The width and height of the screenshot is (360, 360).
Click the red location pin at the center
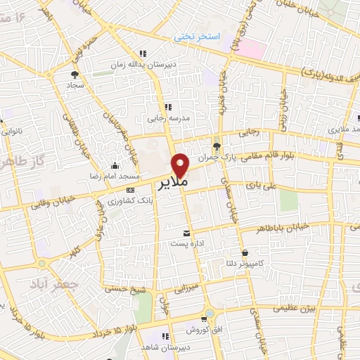tap(181, 165)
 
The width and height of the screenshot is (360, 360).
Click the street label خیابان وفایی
tap(49, 204)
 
